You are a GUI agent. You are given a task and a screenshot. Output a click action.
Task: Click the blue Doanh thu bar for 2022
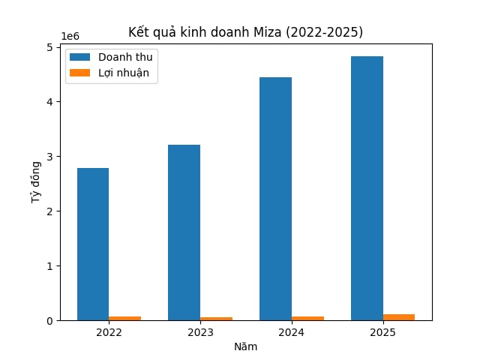[x=93, y=244]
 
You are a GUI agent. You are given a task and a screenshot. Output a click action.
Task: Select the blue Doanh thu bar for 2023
[x=184, y=232]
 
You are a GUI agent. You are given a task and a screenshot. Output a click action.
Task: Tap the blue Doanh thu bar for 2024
[x=275, y=199]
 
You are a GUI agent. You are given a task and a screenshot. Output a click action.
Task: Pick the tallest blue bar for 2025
[x=367, y=188]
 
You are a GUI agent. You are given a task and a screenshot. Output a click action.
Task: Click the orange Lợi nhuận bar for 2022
[x=124, y=318]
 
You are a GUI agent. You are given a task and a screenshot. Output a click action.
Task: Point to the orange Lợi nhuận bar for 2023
[x=216, y=319]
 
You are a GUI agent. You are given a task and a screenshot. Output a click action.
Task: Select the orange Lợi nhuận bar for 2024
[x=307, y=318]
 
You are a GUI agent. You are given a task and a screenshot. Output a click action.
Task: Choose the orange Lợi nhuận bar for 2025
[x=399, y=317]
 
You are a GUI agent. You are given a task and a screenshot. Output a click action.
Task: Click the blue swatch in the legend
[x=79, y=57]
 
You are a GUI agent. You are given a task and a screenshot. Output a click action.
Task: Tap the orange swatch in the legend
[x=79, y=73]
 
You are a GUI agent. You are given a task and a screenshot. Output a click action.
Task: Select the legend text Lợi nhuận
[x=124, y=73]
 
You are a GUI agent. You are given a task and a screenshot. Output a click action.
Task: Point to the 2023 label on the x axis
[x=200, y=332]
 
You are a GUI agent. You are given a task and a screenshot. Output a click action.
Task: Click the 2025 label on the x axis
[x=382, y=332]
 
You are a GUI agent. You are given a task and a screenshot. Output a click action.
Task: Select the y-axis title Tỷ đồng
[x=36, y=183]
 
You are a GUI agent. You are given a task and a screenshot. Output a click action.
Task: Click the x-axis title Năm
[x=245, y=346]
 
